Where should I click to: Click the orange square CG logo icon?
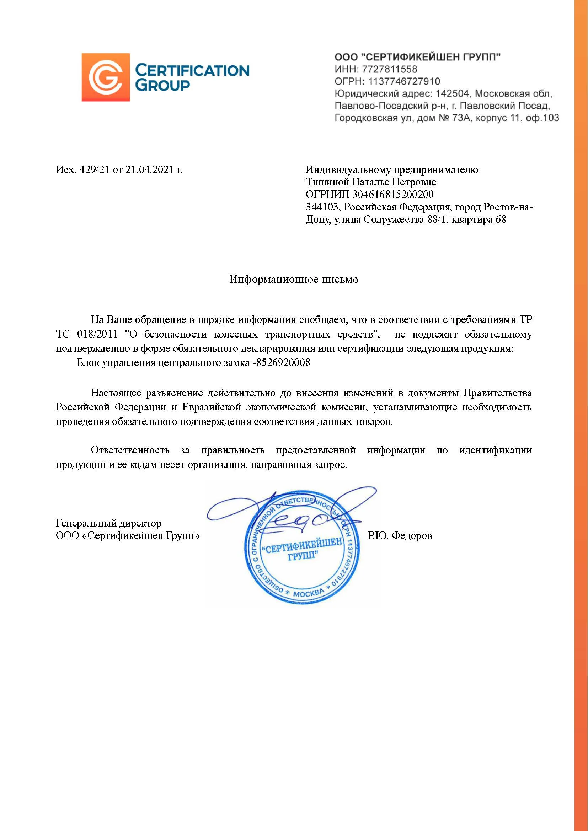pyautogui.click(x=105, y=77)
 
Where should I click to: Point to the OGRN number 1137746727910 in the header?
pyautogui.click(x=404, y=81)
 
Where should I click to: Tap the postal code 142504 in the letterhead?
pyautogui.click(x=453, y=93)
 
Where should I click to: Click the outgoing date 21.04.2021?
pyautogui.click(x=149, y=169)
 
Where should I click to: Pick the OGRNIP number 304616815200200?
pyautogui.click(x=393, y=194)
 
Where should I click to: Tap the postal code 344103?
pyautogui.click(x=322, y=207)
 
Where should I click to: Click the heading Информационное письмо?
pyautogui.click(x=294, y=279)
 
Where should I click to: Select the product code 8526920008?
pyautogui.click(x=283, y=363)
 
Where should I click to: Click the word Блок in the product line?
pyautogui.click(x=88, y=363)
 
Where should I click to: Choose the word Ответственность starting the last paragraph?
pyautogui.click(x=130, y=450)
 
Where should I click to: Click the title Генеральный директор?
pyautogui.click(x=108, y=523)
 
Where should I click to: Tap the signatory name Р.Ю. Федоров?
pyautogui.click(x=400, y=535)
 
